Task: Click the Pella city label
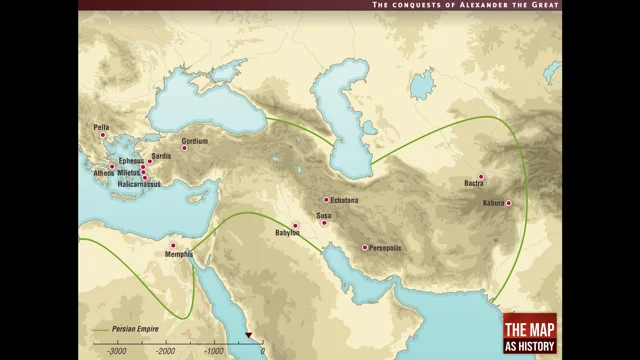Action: point(101,127)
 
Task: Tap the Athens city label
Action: point(104,173)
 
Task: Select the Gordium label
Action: point(195,141)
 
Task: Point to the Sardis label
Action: point(162,156)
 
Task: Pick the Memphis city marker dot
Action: point(173,245)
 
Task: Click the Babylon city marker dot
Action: point(295,226)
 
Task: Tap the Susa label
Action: point(325,215)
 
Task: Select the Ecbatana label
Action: point(344,201)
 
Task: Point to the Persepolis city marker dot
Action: point(364,247)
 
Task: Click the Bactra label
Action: point(474,184)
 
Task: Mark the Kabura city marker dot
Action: point(508,203)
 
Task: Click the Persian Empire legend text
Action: point(134,327)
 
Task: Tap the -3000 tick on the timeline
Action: point(116,345)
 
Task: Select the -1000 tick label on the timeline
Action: point(212,353)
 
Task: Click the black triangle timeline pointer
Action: point(249,336)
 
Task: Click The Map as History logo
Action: point(530,332)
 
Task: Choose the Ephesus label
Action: point(131,161)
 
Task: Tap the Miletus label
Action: point(128,173)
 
